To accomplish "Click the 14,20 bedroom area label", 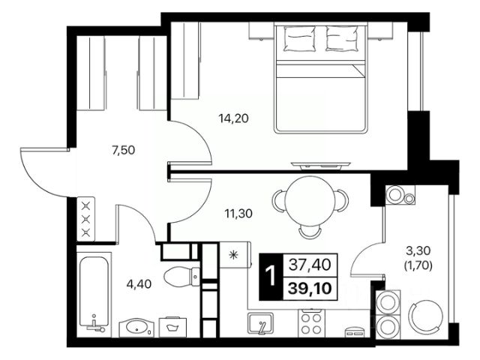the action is [233, 118].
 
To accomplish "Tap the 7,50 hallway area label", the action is [124, 150].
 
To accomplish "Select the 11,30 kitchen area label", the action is [238, 213].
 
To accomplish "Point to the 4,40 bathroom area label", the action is [139, 284].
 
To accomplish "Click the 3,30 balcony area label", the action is [418, 251].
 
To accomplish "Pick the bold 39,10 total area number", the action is [310, 288].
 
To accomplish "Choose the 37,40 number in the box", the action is [310, 265].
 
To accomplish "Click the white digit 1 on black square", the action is [270, 276].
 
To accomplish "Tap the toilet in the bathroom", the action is [181, 277].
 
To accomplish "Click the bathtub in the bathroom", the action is [94, 292].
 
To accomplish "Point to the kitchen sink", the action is [261, 323].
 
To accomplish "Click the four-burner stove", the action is [310, 323].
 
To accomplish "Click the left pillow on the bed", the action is [300, 38].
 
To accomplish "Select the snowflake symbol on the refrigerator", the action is [233, 255].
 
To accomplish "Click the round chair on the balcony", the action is [426, 317].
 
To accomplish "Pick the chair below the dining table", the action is [310, 232].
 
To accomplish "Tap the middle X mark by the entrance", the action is [86, 219].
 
